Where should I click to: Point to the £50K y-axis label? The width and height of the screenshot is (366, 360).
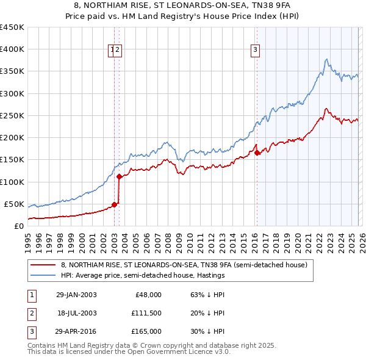tap(14, 204)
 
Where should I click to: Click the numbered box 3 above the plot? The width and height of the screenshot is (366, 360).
tap(254, 51)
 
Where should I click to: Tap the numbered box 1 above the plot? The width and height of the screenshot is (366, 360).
tap(113, 51)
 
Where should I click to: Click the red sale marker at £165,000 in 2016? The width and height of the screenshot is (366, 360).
tap(257, 153)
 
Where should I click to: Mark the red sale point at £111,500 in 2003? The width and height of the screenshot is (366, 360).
tap(119, 177)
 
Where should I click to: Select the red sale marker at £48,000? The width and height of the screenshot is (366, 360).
tap(114, 204)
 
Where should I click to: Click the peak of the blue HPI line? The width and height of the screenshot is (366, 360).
tap(327, 59)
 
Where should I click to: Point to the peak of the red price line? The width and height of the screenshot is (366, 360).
tap(327, 109)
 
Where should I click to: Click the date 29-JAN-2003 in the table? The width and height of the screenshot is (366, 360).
tap(76, 295)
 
